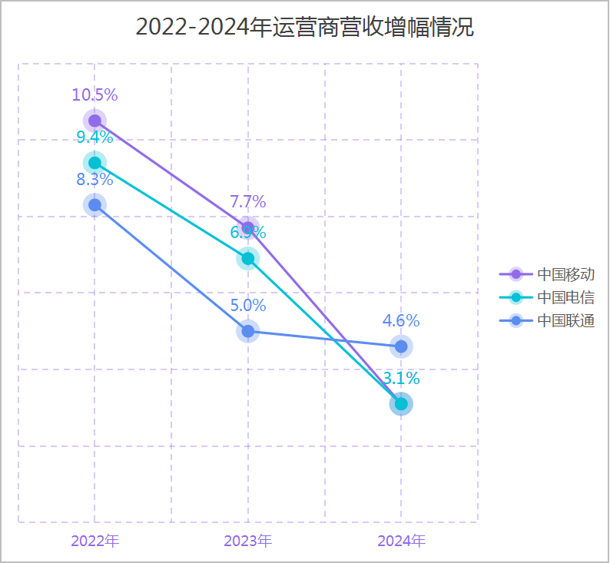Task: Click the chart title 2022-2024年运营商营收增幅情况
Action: click(305, 28)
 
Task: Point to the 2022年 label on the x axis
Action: click(94, 540)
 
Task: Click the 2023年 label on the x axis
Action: click(247, 540)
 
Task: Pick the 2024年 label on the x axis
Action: click(401, 540)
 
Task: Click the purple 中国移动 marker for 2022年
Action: click(94, 121)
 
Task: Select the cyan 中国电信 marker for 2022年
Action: click(94, 163)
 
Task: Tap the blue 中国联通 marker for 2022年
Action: click(94, 204)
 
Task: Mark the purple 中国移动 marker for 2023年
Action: click(247, 227)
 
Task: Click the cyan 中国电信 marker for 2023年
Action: click(247, 258)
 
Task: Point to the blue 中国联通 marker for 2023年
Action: click(247, 331)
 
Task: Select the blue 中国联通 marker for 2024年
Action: click(401, 346)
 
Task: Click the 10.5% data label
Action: click(94, 95)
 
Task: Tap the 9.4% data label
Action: click(94, 137)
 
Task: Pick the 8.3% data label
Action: click(94, 180)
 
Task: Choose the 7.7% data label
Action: click(247, 202)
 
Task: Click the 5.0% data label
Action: click(247, 306)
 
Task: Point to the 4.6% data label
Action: click(401, 321)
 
